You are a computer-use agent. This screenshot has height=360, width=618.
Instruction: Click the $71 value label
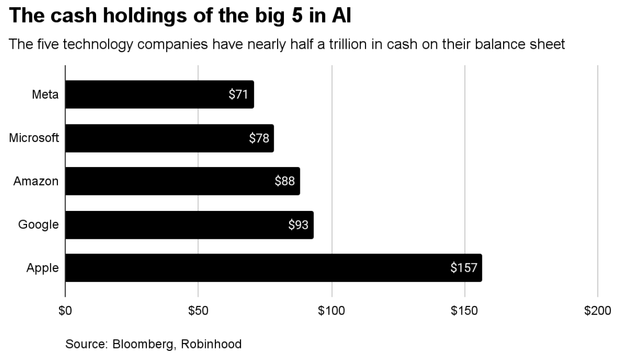238,94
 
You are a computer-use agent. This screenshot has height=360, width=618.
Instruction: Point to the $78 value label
259,138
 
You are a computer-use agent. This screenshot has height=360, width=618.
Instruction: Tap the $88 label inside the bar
284,181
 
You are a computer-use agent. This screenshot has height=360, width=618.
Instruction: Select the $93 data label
298,225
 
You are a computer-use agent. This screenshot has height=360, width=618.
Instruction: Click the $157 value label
463,268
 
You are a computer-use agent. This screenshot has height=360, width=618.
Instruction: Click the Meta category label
45,94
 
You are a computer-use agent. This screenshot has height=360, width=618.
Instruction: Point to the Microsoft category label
34,138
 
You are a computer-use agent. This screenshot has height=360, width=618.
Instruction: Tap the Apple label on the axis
42,268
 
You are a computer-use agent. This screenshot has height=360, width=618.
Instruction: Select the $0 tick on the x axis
65,311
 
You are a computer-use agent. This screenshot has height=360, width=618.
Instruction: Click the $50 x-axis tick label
198,311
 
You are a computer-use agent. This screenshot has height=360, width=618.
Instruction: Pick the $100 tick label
332,311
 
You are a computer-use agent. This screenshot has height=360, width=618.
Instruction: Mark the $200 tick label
598,311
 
